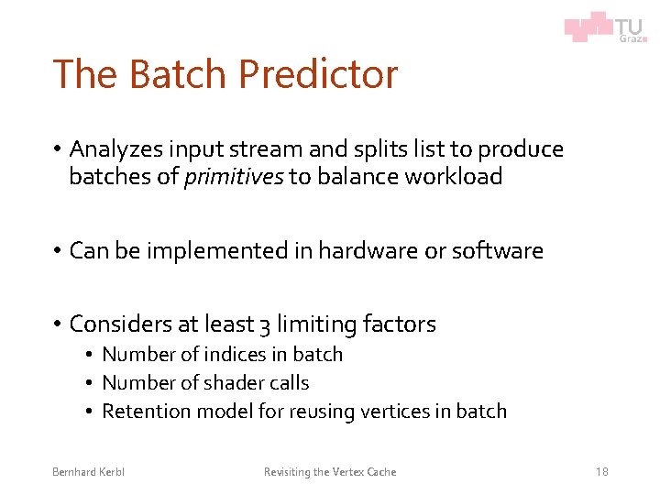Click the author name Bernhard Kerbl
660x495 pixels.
(x=88, y=472)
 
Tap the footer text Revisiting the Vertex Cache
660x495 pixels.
(x=330, y=472)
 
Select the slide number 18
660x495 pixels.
(x=601, y=472)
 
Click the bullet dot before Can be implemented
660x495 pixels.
(x=57, y=250)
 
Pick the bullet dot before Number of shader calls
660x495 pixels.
(x=91, y=383)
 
